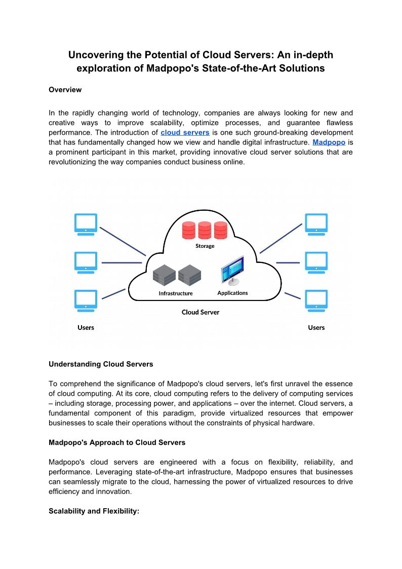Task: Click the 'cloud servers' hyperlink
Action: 185,133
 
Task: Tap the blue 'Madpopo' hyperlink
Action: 329,142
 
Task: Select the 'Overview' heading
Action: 65,90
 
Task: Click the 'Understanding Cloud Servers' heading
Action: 101,364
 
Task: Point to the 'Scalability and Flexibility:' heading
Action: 94,511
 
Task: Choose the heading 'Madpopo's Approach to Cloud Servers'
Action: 117,442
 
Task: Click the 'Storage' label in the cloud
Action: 205,246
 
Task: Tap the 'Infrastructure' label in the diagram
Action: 176,293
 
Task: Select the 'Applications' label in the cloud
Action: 232,293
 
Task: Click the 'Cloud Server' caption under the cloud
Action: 200,312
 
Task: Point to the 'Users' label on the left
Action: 86,327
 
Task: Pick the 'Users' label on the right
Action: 316,327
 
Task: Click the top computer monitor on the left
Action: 86,223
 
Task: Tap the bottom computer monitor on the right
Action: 316,299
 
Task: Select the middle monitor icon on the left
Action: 86,261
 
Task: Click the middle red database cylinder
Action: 205,230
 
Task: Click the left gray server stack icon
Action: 164,275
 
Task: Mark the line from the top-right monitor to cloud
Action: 280,238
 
